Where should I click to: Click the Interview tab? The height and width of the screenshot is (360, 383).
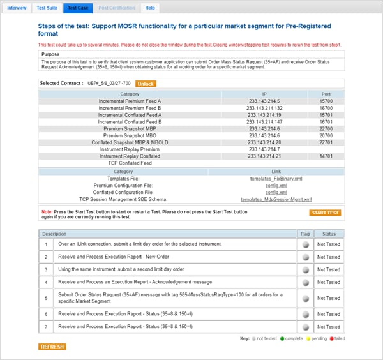point(17,8)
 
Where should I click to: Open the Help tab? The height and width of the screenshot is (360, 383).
point(150,8)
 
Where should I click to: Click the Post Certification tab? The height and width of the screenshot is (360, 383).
point(117,8)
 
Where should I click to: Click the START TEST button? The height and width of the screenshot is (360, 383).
point(325,213)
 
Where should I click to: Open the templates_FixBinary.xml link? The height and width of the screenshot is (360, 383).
point(276,179)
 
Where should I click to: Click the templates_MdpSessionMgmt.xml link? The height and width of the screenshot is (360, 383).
point(276,199)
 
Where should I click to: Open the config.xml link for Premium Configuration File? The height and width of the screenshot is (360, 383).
point(276,186)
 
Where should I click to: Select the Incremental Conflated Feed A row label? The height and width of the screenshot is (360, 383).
point(130,114)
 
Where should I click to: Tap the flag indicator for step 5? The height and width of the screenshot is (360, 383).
point(305,298)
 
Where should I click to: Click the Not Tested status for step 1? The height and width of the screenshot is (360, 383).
point(329,244)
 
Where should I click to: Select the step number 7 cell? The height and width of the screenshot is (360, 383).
point(46,327)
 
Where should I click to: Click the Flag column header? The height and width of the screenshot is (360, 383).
point(305,234)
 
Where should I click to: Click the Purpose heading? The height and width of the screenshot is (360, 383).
point(50,54)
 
